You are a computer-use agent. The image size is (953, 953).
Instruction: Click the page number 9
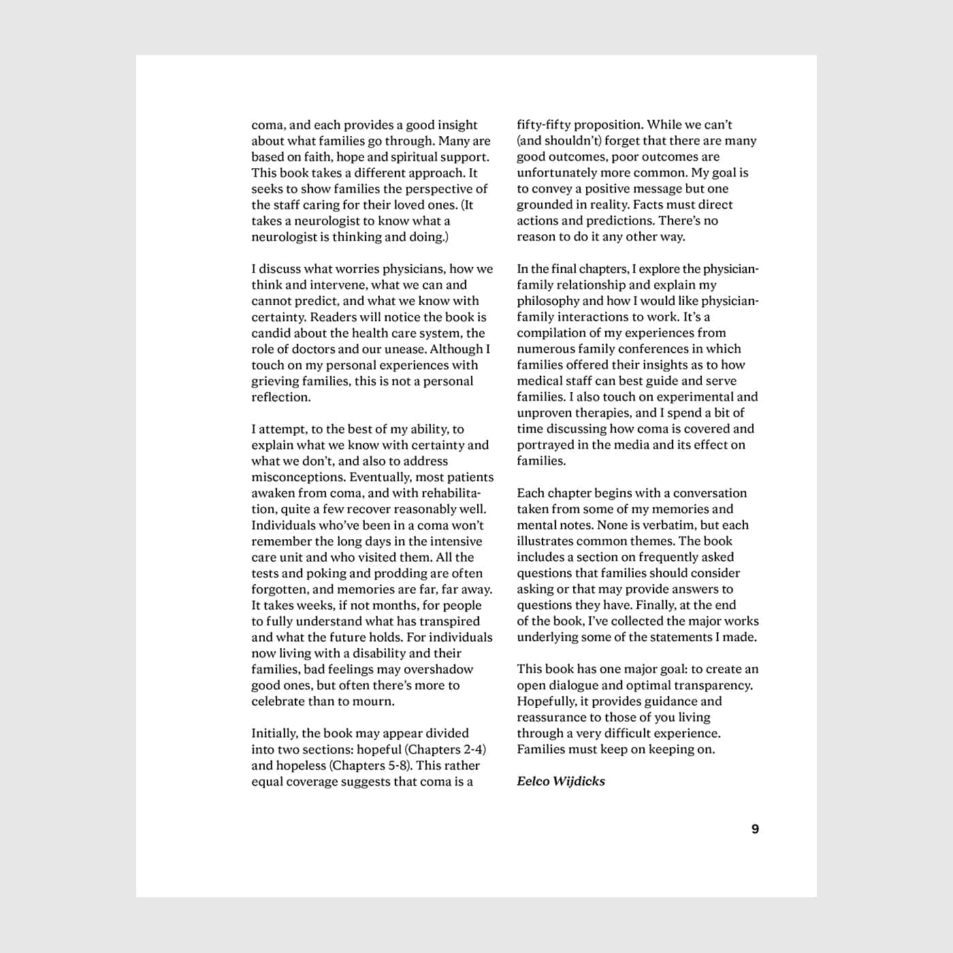pyautogui.click(x=755, y=829)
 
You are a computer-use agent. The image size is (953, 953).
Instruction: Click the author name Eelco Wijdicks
pyautogui.click(x=561, y=781)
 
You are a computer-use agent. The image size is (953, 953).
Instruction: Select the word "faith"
pyautogui.click(x=319, y=157)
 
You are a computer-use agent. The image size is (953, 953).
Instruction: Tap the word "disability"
pyautogui.click(x=383, y=653)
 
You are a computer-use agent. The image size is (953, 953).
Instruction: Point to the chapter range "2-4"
pyautogui.click(x=474, y=749)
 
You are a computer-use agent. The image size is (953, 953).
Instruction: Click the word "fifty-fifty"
pyautogui.click(x=546, y=125)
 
